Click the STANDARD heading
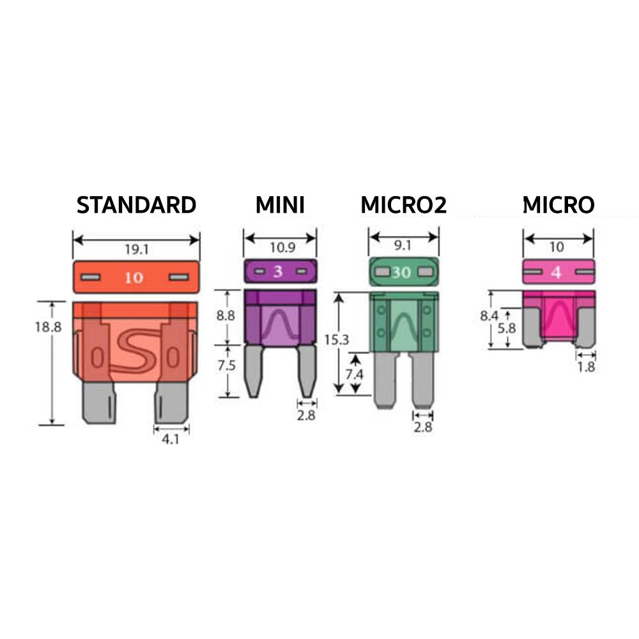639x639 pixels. [136, 205]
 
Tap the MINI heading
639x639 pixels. [280, 205]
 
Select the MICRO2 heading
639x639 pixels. [403, 205]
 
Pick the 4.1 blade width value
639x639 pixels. [171, 440]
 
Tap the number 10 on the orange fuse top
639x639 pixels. [134, 278]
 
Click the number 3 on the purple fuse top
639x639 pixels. [278, 272]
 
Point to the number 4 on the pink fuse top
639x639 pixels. [556, 272]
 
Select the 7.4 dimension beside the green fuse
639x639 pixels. [353, 375]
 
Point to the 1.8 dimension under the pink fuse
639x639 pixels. [585, 367]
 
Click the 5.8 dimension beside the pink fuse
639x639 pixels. [508, 328]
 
